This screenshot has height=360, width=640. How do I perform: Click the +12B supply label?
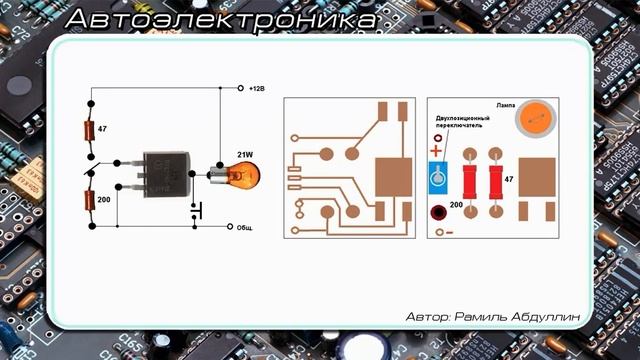257,88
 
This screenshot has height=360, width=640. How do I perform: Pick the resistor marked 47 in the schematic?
91,131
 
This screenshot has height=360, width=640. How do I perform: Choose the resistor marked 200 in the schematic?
91,200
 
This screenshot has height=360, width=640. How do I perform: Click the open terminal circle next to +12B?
240,88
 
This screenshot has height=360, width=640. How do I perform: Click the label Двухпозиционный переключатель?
463,123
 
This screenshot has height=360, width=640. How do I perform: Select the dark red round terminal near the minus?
437,212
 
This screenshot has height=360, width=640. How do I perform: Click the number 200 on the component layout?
457,205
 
